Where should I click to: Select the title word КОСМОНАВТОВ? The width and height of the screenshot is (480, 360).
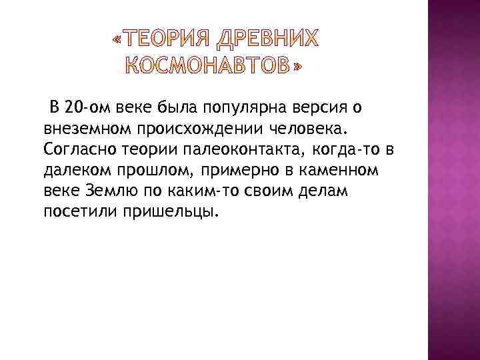point(208,67)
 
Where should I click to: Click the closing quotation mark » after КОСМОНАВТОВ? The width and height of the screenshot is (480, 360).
point(296,67)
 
